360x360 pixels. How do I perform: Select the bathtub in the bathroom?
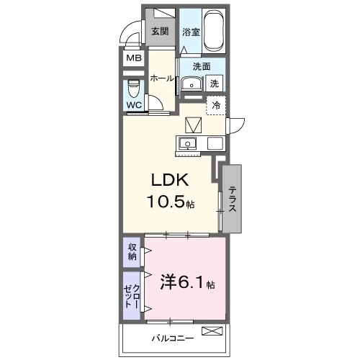click(x=214, y=32)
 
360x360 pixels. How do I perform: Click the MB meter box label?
click(x=134, y=58)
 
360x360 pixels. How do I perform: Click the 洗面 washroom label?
click(x=202, y=66)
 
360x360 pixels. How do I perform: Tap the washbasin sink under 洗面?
click(x=191, y=84)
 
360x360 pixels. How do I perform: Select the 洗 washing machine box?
click(x=215, y=84)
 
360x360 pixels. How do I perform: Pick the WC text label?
click(x=134, y=105)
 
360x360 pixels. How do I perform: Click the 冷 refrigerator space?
click(x=216, y=105)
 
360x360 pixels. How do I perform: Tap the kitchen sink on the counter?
click(x=189, y=143)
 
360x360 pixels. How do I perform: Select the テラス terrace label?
click(x=233, y=199)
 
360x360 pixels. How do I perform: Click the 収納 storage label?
click(x=132, y=252)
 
